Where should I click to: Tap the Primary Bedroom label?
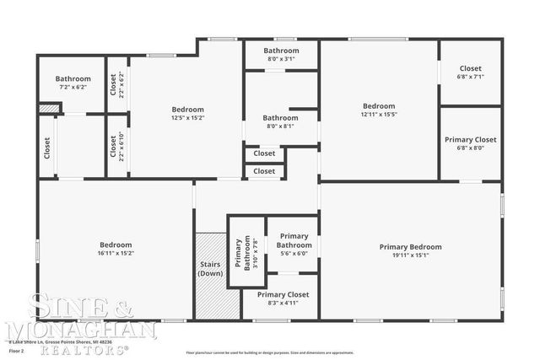pos(411,246)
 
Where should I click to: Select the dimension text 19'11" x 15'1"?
pos(411,255)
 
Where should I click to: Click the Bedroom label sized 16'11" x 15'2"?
pos(116,244)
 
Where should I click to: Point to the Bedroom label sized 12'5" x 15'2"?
pos(187,110)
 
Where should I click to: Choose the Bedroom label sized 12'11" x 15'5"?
pos(379,106)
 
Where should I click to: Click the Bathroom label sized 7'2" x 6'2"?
pos(73,79)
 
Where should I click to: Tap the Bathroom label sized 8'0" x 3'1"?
pos(281,51)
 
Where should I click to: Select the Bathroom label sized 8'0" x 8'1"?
pos(280,118)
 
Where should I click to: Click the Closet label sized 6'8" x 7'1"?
pos(471,68)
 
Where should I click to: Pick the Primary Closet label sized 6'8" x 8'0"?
pos(471,139)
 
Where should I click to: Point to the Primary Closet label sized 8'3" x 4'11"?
pos(283,294)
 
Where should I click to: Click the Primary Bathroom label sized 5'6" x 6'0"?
pos(294,240)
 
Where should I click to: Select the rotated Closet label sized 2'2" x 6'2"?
pos(114,85)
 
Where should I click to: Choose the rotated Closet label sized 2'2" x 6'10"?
pos(114,147)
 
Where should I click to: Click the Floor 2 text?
pos(17,350)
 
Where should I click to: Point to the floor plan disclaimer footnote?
pos(269,352)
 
